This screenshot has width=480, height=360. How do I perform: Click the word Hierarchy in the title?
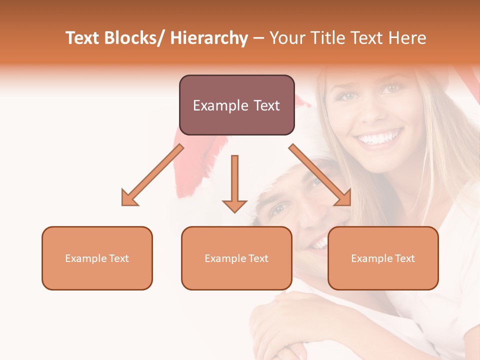[x=209, y=38]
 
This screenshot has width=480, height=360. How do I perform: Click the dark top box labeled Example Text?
[x=236, y=105]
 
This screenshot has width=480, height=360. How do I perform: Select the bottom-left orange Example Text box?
[x=97, y=258]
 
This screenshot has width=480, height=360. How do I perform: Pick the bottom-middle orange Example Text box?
[x=236, y=258]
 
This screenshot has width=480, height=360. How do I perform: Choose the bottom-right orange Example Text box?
[x=383, y=258]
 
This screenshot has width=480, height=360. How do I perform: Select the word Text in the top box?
[x=265, y=105]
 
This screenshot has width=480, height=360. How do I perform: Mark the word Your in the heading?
[x=286, y=38]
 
